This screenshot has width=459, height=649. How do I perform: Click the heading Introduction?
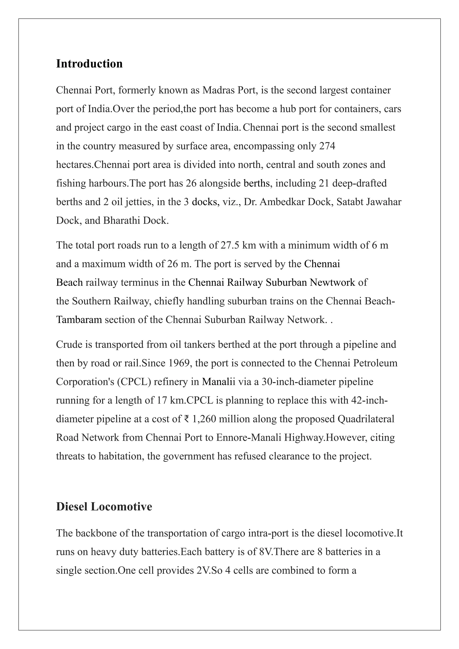[x=89, y=64]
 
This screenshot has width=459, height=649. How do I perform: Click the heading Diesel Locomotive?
[x=104, y=506]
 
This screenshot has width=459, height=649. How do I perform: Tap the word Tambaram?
[x=79, y=320]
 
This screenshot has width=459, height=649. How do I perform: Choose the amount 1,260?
[x=204, y=419]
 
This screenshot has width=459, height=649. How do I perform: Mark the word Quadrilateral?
[x=366, y=419]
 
